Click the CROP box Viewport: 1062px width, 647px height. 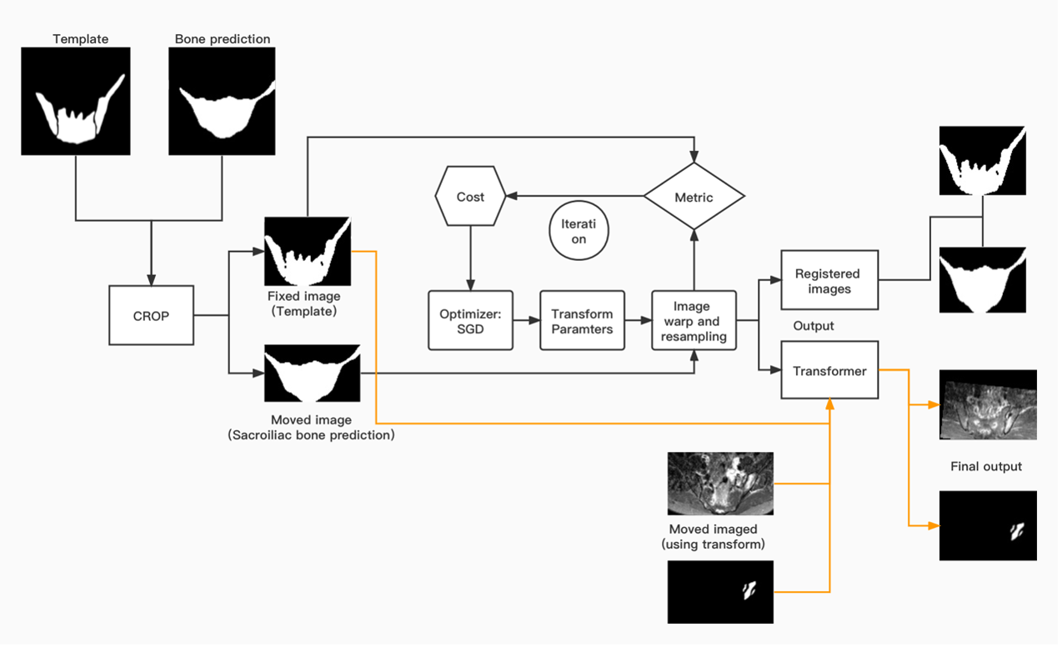pyautogui.click(x=151, y=315)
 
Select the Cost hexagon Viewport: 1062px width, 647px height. pyautogui.click(x=470, y=197)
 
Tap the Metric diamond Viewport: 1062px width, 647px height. pyautogui.click(x=694, y=197)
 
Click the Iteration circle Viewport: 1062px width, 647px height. pyautogui.click(x=579, y=232)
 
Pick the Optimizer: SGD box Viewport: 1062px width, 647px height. pyautogui.click(x=470, y=320)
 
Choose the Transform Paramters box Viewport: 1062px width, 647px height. pyautogui.click(x=582, y=320)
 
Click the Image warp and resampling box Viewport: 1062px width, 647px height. pyautogui.click(x=694, y=321)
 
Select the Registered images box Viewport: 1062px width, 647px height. pyautogui.click(x=829, y=280)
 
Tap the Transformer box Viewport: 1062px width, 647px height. pyautogui.click(x=829, y=370)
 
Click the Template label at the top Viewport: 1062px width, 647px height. pyautogui.click(x=80, y=38)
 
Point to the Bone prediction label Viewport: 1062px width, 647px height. pyautogui.click(x=223, y=38)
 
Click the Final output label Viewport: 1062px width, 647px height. pyautogui.click(x=986, y=466)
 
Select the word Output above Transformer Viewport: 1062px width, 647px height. pyautogui.click(x=814, y=326)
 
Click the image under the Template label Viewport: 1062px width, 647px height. pyautogui.click(x=76, y=101)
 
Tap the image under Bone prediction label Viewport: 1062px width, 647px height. pyautogui.click(x=223, y=101)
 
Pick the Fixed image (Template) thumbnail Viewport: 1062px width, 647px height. pyautogui.click(x=307, y=251)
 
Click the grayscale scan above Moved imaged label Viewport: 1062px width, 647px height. pyautogui.click(x=720, y=484)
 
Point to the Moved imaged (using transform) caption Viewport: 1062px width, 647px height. pyautogui.click(x=713, y=537)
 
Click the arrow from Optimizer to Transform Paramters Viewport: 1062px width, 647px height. pyautogui.click(x=526, y=320)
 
